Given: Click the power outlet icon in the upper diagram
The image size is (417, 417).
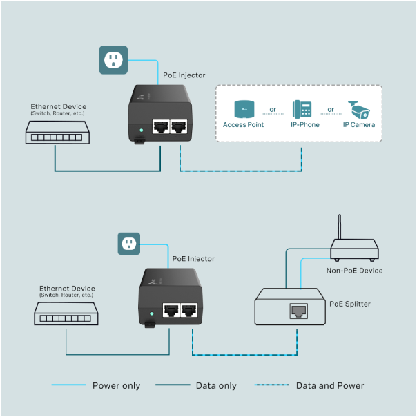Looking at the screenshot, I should click(x=113, y=59).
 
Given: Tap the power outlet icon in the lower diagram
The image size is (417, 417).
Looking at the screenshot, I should click(x=128, y=243).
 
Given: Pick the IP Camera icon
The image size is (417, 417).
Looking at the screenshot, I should click(x=359, y=109).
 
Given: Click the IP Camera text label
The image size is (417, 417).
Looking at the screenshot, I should click(x=359, y=125).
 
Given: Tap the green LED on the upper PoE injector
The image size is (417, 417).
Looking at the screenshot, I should click(x=141, y=129).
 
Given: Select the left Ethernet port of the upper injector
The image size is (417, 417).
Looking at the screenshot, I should click(x=161, y=127).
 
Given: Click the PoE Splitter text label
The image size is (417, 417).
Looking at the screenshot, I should click(x=350, y=304).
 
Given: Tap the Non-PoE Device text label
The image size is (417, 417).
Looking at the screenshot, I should click(x=354, y=271).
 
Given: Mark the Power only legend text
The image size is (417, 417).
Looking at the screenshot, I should click(x=116, y=385).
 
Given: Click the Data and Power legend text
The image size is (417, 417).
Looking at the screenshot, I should click(x=329, y=385).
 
